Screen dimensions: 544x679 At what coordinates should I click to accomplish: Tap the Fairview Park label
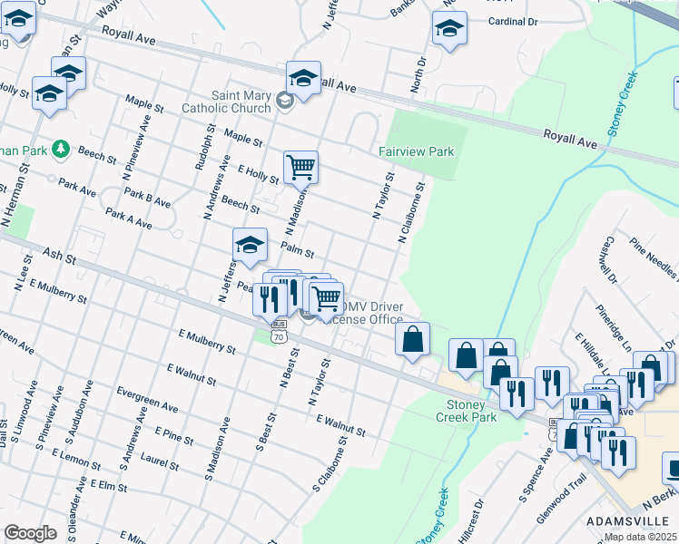click(x=416, y=152)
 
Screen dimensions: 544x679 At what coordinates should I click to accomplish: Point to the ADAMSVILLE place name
click(x=627, y=521)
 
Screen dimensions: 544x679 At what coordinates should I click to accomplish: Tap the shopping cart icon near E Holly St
click(x=300, y=167)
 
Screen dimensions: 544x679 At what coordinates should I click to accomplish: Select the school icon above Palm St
click(x=251, y=244)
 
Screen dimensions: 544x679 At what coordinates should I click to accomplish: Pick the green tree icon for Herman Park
click(x=60, y=147)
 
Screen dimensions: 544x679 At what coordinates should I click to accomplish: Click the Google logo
click(x=30, y=532)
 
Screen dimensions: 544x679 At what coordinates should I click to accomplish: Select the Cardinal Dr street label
click(x=514, y=21)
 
